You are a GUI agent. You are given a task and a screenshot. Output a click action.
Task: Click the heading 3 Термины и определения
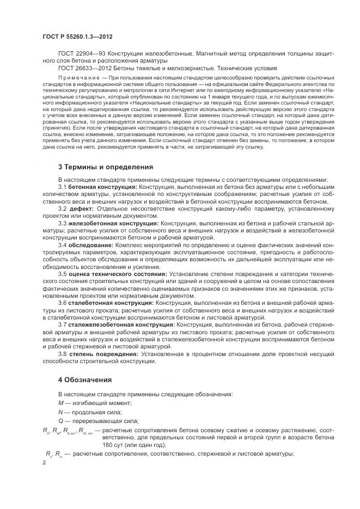pos(105,167)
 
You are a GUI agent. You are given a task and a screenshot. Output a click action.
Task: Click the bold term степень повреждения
pos(106,353)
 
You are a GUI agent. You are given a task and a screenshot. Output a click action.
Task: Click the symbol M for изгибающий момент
pos(60,403)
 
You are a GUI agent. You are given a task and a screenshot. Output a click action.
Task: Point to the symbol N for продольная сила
pos(60,412)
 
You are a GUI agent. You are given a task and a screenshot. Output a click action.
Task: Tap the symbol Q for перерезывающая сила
pos(60,421)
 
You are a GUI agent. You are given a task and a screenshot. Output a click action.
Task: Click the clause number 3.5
pos(63,274)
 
